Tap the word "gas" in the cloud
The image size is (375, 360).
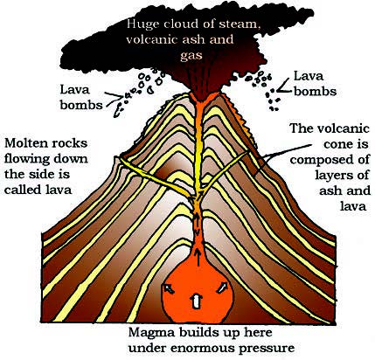[x=191, y=55]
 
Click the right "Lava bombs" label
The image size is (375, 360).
[x=315, y=84]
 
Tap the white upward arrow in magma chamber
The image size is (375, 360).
[x=197, y=301]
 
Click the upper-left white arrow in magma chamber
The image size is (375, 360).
[x=169, y=288]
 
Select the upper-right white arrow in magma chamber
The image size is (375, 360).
[x=221, y=287]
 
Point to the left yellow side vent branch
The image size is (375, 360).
[x=155, y=177]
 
